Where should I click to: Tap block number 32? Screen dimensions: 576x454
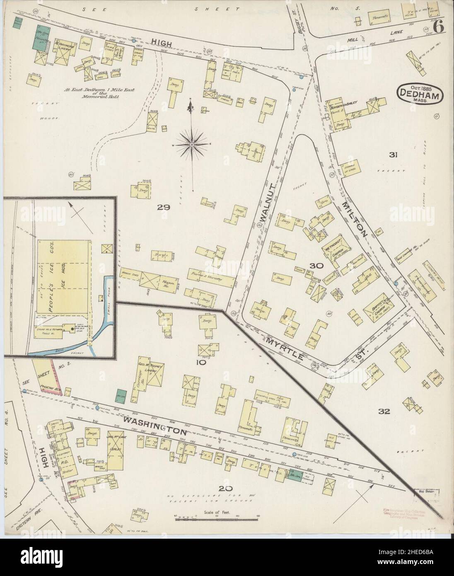click(x=384, y=411)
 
